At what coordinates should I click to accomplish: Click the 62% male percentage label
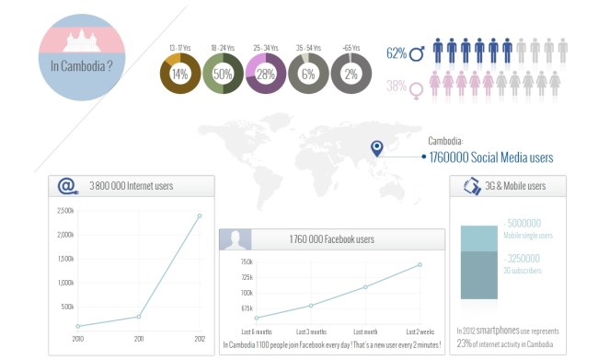(397, 53)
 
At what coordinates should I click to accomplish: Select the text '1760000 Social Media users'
(491, 157)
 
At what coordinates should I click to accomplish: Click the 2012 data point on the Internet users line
(199, 215)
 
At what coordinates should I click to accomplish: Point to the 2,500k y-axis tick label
(65, 211)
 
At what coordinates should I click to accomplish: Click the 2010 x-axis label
(77, 338)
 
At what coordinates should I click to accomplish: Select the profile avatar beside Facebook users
(236, 239)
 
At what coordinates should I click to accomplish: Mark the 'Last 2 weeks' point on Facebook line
(420, 264)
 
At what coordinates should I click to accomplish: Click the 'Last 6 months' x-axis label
(256, 331)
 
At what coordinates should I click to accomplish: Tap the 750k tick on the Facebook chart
(246, 262)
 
